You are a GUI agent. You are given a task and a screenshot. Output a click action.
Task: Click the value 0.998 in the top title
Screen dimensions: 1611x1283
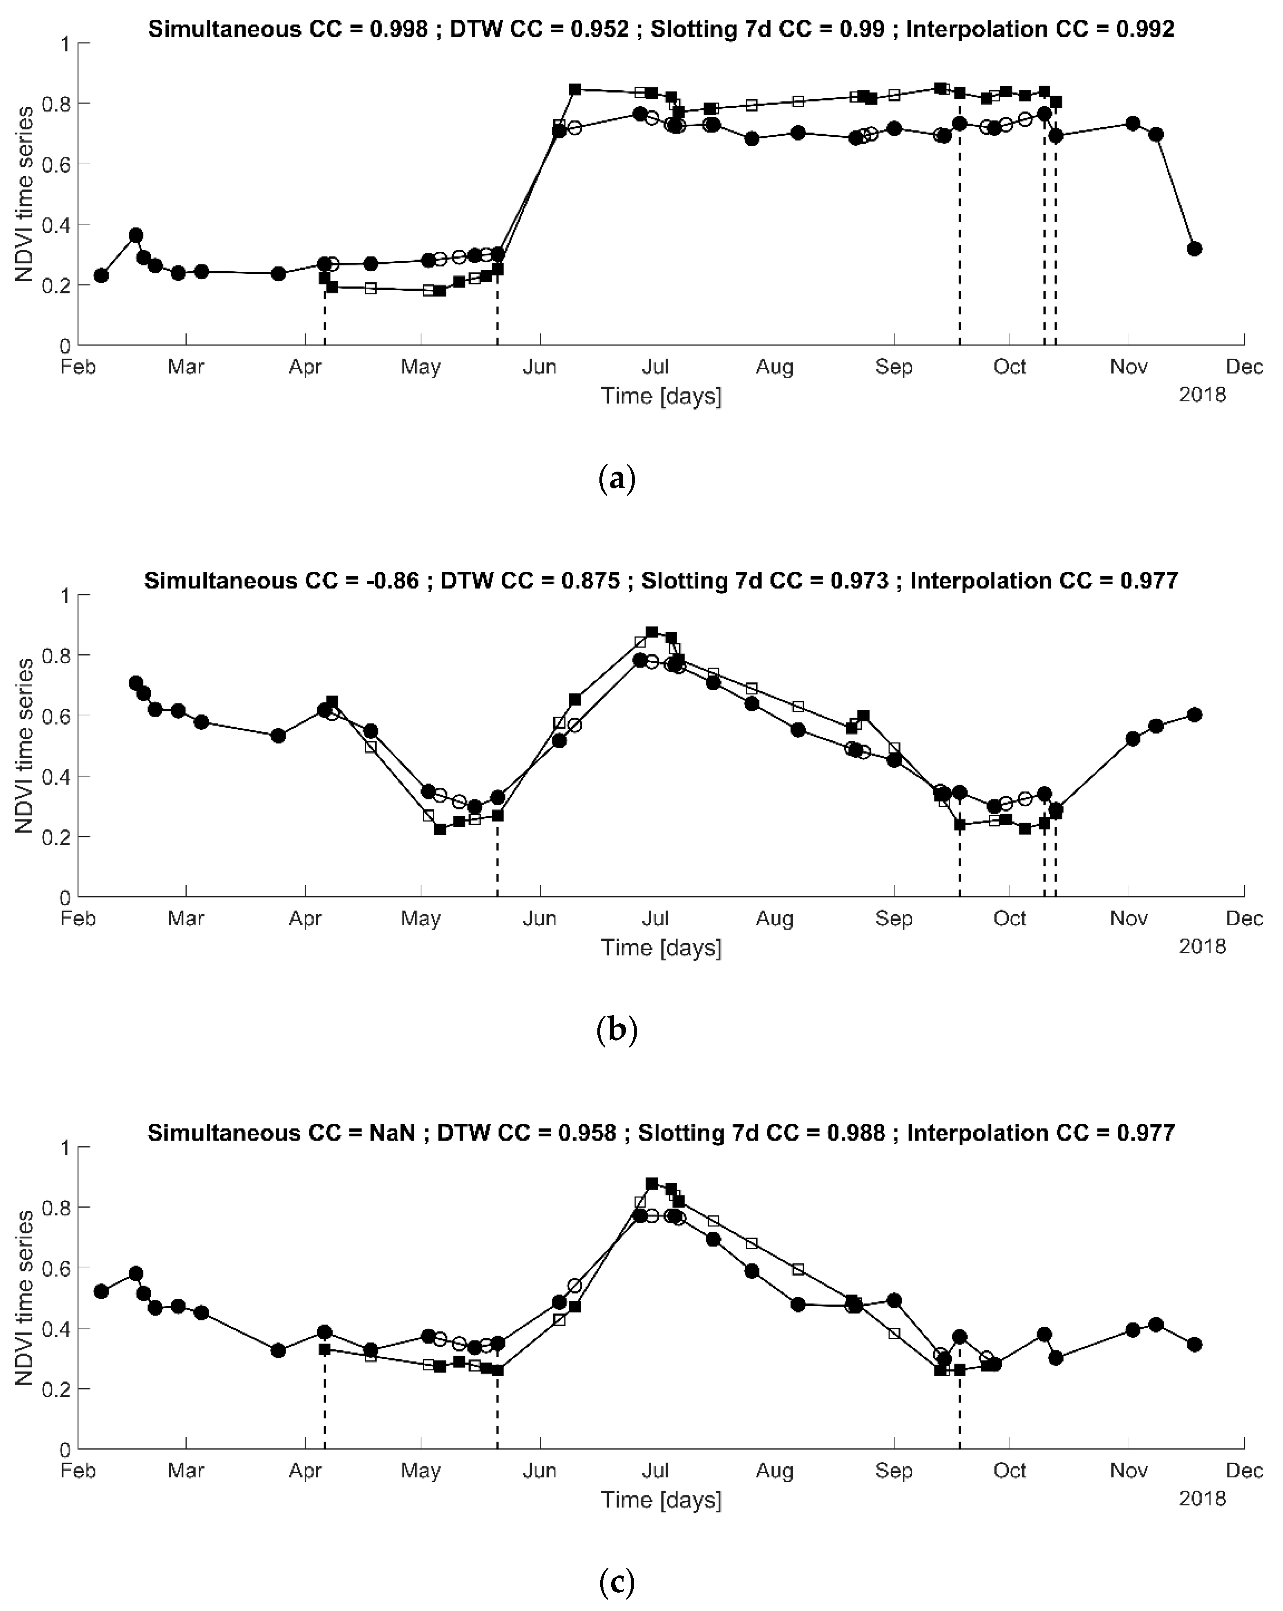click(399, 29)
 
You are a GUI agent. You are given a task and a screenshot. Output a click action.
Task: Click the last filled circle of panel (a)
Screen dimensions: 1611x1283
click(1194, 249)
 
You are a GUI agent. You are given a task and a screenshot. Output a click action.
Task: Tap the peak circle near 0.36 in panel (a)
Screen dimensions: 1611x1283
click(136, 235)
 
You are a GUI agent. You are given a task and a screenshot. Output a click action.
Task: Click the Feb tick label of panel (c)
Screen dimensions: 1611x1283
click(78, 1470)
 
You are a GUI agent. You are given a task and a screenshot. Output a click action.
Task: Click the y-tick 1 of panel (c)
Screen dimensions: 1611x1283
click(66, 1147)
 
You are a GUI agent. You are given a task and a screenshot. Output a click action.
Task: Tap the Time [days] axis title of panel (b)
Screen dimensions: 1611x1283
click(661, 947)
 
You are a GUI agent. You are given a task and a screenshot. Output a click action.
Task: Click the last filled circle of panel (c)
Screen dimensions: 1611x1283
click(1194, 1344)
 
